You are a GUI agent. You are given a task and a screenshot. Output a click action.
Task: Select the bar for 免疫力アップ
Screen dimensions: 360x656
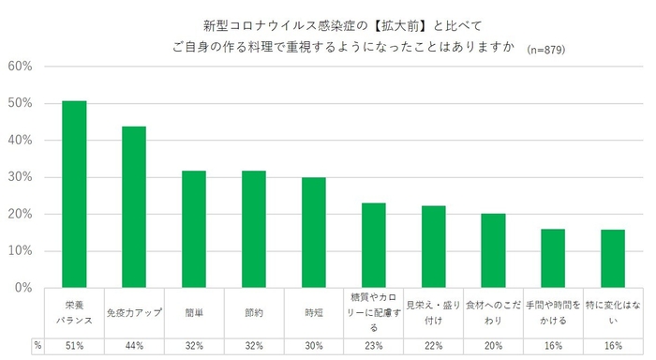(134, 207)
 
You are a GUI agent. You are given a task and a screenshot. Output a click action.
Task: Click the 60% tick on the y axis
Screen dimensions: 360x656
(21, 67)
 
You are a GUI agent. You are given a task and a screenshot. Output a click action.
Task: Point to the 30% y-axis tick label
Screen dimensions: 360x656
(21, 177)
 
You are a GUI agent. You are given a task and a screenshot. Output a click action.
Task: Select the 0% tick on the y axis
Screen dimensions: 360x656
(24, 288)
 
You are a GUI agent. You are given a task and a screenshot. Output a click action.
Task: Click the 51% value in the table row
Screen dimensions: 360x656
(74, 346)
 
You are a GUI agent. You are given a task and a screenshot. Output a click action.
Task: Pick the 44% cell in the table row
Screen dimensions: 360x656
(134, 346)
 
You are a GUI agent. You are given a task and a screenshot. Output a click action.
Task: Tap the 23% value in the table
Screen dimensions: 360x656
(374, 346)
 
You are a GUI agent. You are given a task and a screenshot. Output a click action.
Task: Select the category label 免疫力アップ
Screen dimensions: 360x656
(134, 311)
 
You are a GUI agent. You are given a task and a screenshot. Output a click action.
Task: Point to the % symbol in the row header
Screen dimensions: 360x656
(37, 346)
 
